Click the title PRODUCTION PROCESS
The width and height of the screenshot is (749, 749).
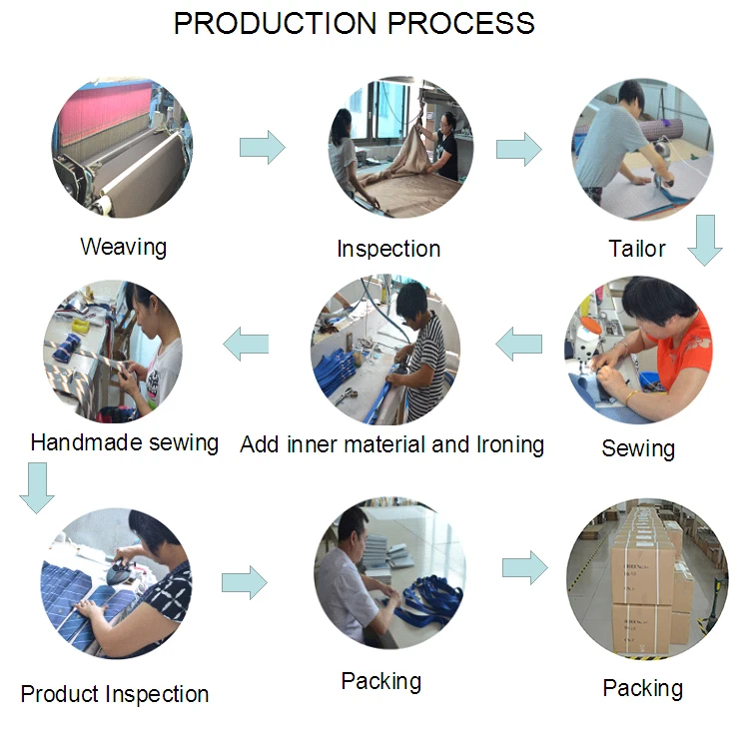click(354, 23)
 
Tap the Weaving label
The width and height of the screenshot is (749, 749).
click(123, 246)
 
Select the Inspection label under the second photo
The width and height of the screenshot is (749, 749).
click(388, 249)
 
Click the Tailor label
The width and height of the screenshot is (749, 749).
click(637, 248)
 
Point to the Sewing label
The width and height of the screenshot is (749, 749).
click(638, 448)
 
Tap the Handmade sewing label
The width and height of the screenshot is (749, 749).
click(125, 441)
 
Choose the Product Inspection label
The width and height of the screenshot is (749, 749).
click(115, 693)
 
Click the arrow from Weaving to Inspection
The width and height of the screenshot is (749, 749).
click(262, 148)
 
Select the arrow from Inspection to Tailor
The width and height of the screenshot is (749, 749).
click(518, 149)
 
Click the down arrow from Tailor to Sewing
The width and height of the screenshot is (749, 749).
click(705, 240)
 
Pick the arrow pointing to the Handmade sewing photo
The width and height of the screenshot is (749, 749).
click(246, 345)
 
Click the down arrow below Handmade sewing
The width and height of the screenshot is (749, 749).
click(38, 489)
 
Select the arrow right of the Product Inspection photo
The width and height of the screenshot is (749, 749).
click(244, 581)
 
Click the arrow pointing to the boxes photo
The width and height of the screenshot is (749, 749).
click(524, 568)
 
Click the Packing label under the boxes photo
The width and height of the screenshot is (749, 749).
click(642, 687)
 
